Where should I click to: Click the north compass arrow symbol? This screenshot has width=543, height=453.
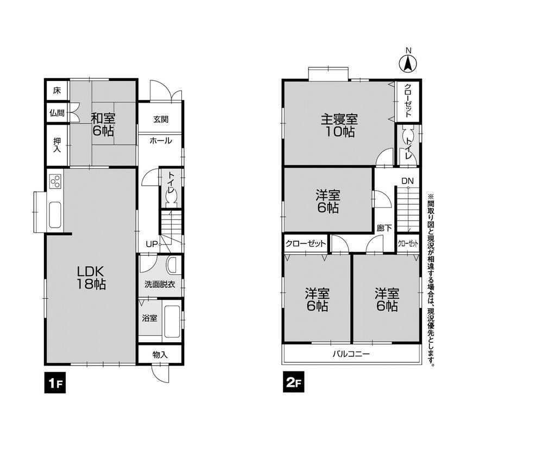(x=409, y=64)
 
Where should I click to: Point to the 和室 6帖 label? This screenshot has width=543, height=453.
(x=103, y=124)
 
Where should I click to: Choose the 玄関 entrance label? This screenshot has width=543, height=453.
(x=160, y=119)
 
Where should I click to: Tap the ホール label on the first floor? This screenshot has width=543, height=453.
(x=160, y=141)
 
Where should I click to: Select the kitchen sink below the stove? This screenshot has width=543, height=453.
(x=55, y=215)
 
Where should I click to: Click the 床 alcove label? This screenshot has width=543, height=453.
(x=56, y=91)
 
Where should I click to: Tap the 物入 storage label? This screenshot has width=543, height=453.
(x=160, y=355)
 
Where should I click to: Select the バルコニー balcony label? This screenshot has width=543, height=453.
(x=351, y=354)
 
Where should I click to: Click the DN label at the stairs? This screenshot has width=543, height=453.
(x=407, y=180)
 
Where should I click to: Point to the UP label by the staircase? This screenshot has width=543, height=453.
(x=150, y=245)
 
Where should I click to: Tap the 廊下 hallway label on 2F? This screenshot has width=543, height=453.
(x=384, y=229)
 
